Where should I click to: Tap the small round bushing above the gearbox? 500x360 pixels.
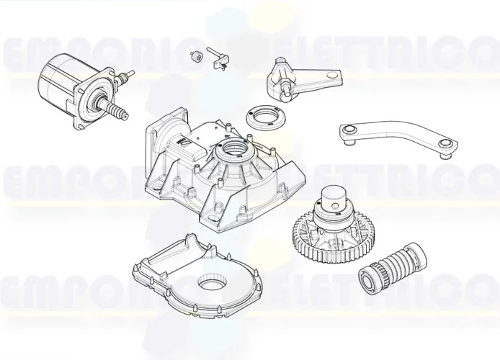(x=195, y=56)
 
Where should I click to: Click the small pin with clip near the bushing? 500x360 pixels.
(x=217, y=58)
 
